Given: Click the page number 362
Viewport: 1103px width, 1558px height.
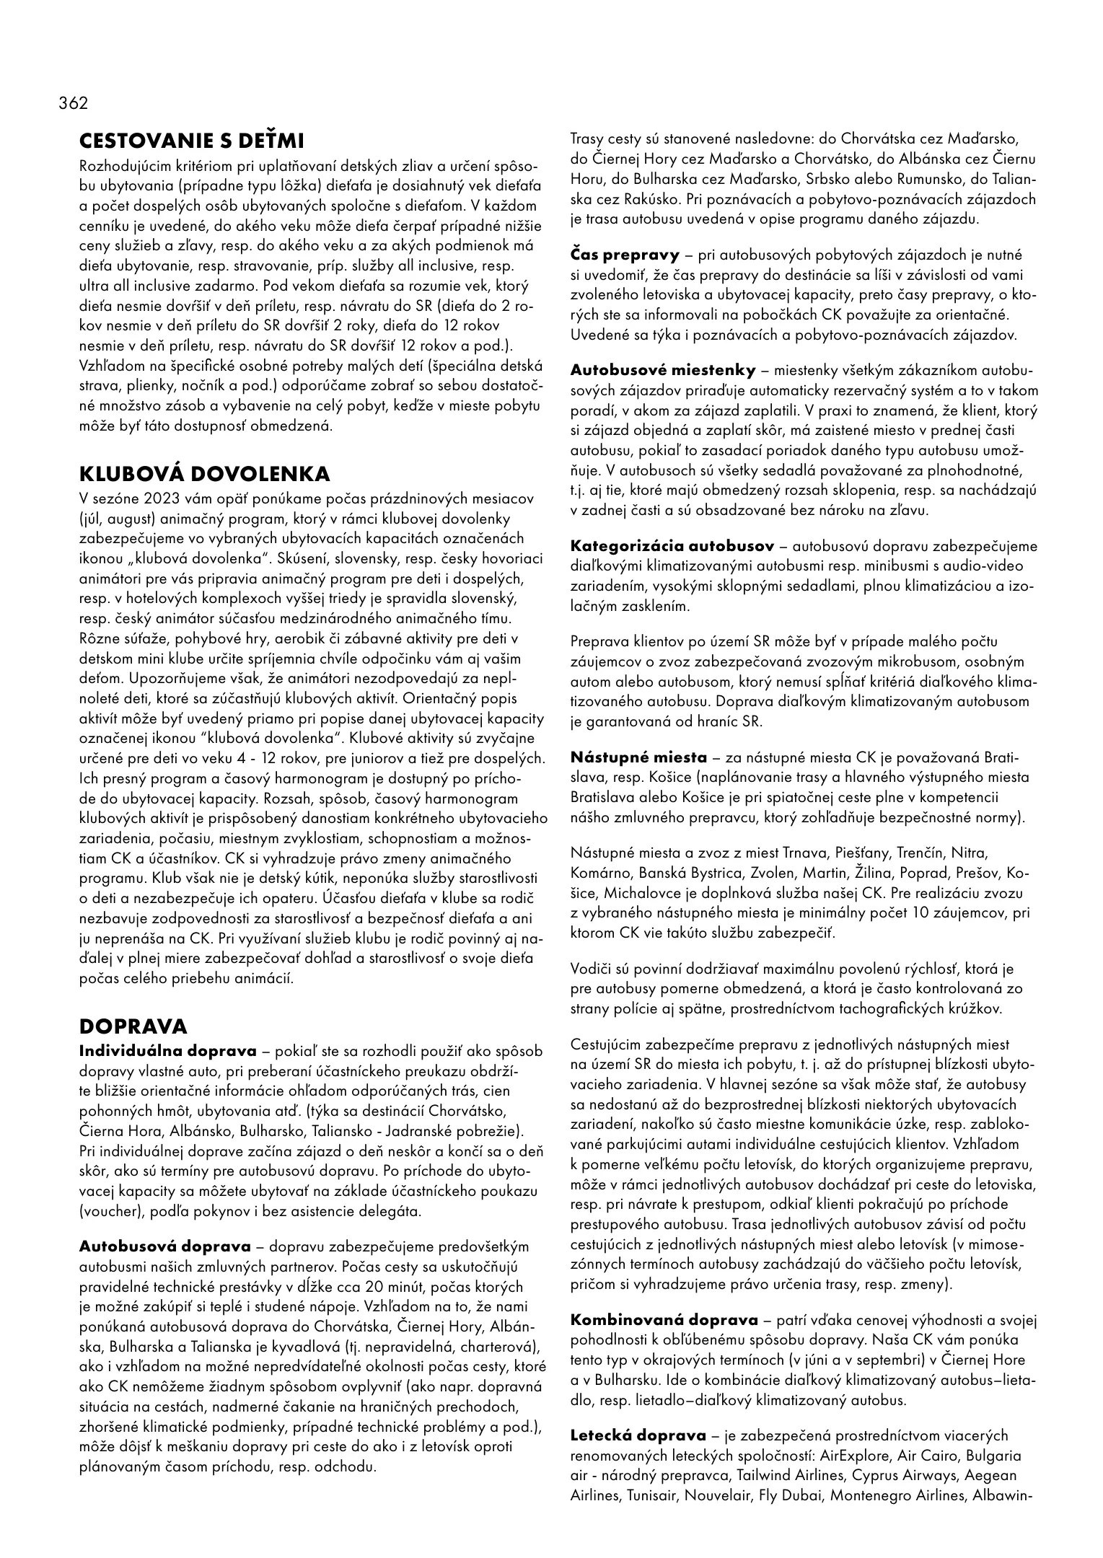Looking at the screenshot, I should coord(73,103).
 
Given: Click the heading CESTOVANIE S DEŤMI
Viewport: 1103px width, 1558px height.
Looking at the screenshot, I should coord(191,139).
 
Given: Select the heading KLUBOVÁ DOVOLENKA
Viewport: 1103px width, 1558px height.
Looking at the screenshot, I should coord(204,474).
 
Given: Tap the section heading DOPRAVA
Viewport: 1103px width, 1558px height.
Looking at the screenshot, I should coord(133,1026).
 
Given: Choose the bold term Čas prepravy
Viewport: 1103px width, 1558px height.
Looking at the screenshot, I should coord(625,255).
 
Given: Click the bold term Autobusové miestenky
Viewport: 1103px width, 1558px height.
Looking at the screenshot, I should coord(663,371).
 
